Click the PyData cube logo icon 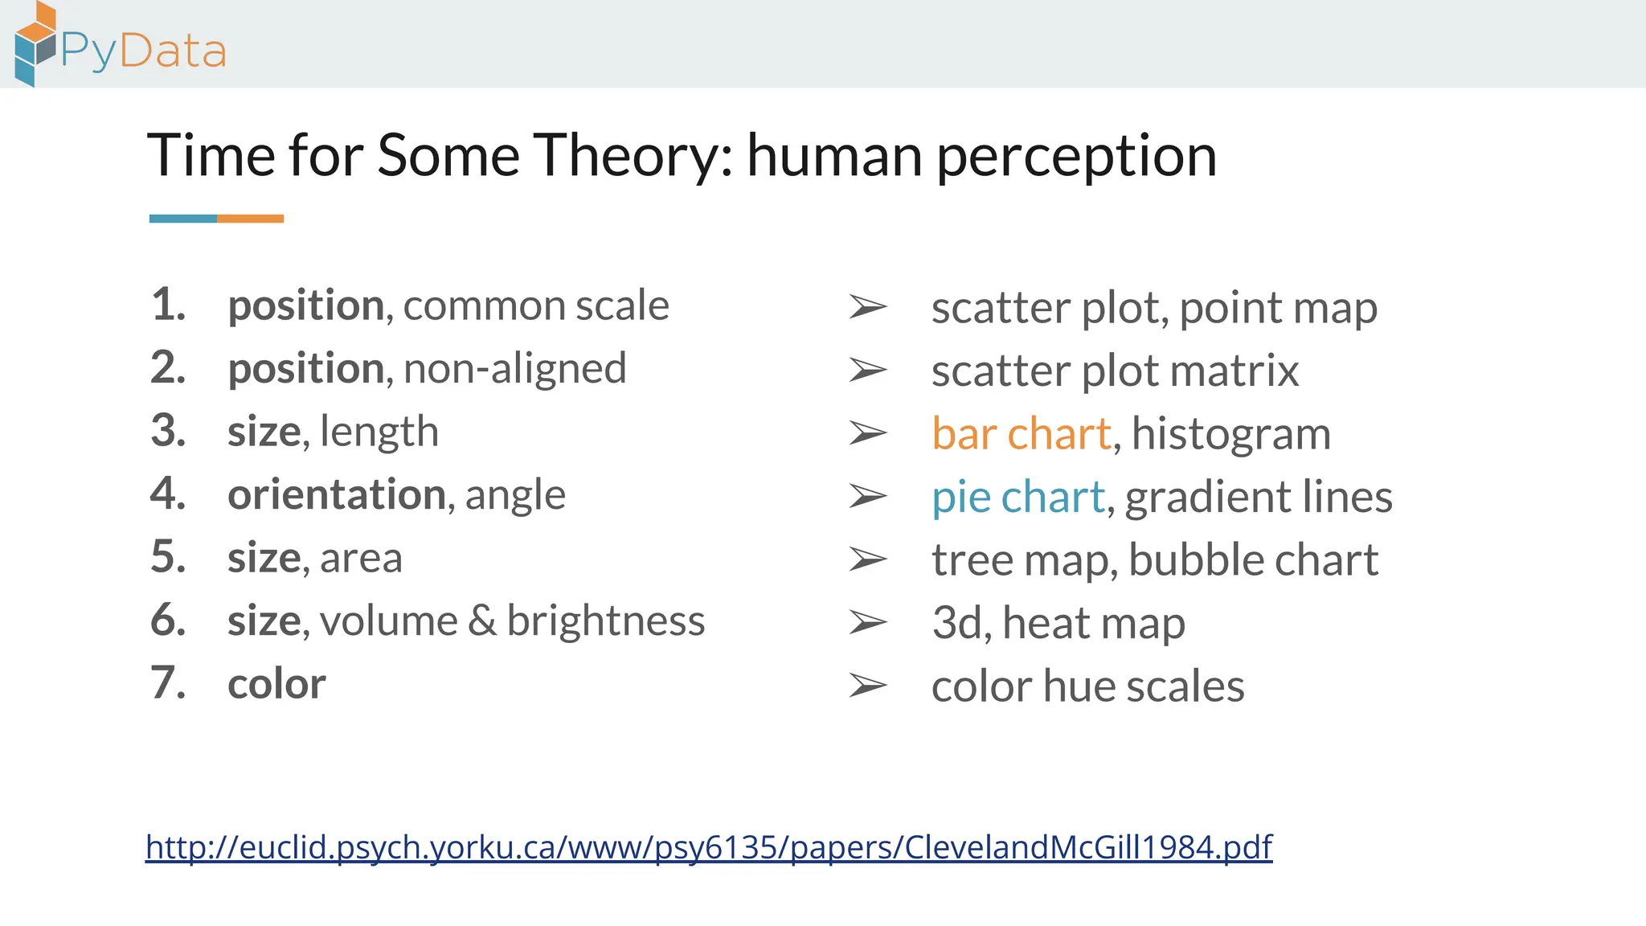pyautogui.click(x=35, y=43)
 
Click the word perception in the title pyautogui.click(x=1076, y=157)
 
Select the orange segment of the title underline pyautogui.click(x=250, y=219)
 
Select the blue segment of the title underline pyautogui.click(x=183, y=219)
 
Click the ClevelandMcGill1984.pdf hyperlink pyautogui.click(x=709, y=847)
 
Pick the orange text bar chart pyautogui.click(x=1022, y=434)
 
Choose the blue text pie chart pyautogui.click(x=1018, y=497)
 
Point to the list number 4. pyautogui.click(x=168, y=494)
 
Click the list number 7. pyautogui.click(x=168, y=683)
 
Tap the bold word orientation pyautogui.click(x=336, y=494)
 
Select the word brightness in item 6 pyautogui.click(x=605, y=621)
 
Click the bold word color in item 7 pyautogui.click(x=276, y=684)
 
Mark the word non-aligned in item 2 pyautogui.click(x=514, y=369)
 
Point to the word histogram pyautogui.click(x=1230, y=435)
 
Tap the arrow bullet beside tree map pyautogui.click(x=868, y=559)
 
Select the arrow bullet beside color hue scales pyautogui.click(x=868, y=686)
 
